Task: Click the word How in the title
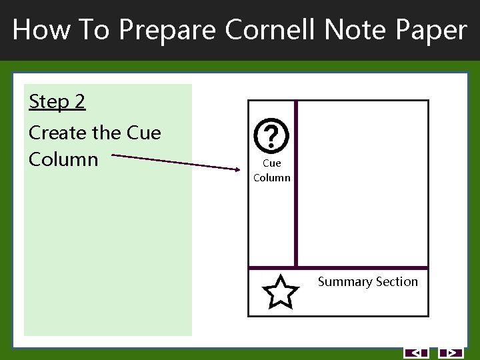pyautogui.click(x=39, y=30)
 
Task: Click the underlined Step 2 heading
pyautogui.click(x=57, y=102)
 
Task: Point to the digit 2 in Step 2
pyautogui.click(x=80, y=102)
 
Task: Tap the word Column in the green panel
pyautogui.click(x=63, y=160)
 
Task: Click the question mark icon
pyautogui.click(x=272, y=136)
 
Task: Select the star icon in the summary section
pyautogui.click(x=280, y=293)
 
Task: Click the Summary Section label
pyautogui.click(x=367, y=282)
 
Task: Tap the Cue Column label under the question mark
pyautogui.click(x=272, y=170)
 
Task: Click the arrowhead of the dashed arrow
pyautogui.click(x=242, y=170)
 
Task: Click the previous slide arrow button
pyautogui.click(x=416, y=353)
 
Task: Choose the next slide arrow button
pyautogui.click(x=451, y=353)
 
